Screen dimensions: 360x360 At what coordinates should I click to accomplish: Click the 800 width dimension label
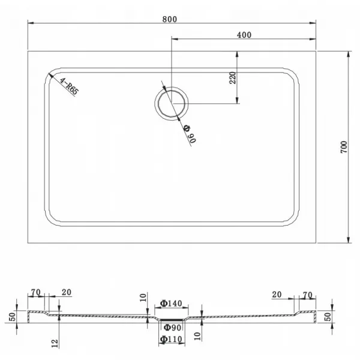click(170, 19)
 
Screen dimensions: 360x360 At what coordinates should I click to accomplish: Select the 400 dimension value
click(244, 35)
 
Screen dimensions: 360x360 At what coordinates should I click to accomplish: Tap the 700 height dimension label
click(344, 147)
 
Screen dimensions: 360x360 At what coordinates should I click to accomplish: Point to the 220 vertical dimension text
click(233, 78)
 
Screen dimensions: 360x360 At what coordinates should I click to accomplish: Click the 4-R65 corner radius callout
click(69, 86)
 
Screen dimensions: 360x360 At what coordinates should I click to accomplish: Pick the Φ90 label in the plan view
click(190, 134)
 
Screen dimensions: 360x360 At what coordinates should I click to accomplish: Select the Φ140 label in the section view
click(171, 303)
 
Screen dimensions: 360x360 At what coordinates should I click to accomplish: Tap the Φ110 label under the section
click(171, 339)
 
